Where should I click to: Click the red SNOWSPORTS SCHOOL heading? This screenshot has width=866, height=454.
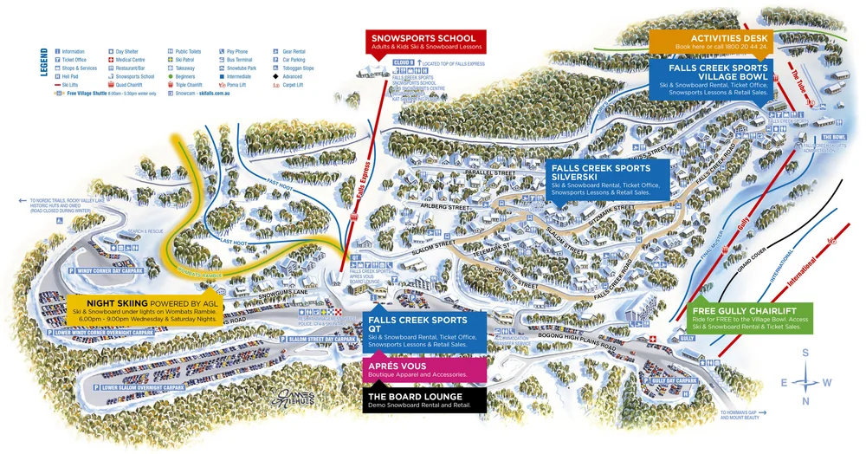[x=423, y=38]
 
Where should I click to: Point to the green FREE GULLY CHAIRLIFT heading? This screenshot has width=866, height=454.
[x=751, y=311]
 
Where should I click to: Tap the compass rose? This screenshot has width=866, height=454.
[x=806, y=378]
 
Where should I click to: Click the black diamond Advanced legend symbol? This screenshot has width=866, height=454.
[x=276, y=76]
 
